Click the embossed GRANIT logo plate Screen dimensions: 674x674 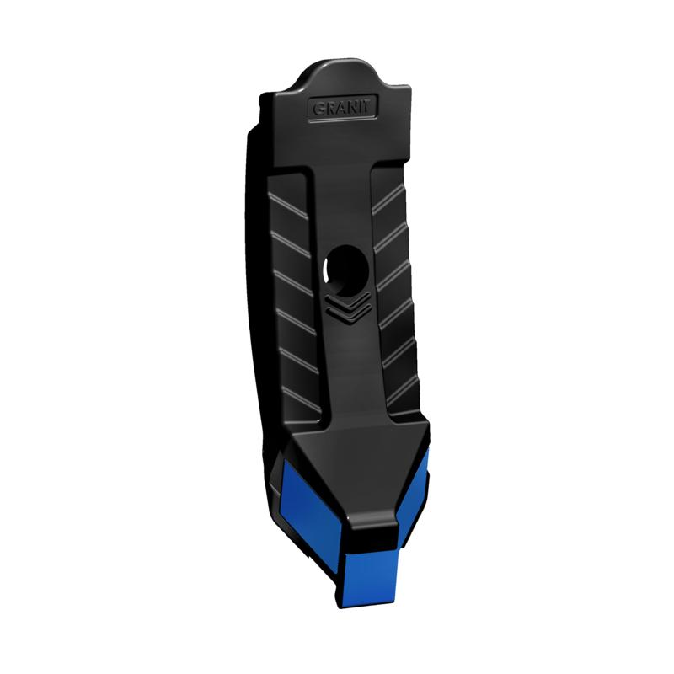click(343, 108)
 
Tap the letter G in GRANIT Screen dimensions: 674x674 click(318, 109)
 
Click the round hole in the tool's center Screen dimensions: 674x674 click(346, 270)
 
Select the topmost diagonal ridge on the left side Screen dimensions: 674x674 click(288, 205)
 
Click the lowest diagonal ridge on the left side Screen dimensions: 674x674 click(302, 399)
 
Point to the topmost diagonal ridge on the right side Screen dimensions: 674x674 click(388, 201)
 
